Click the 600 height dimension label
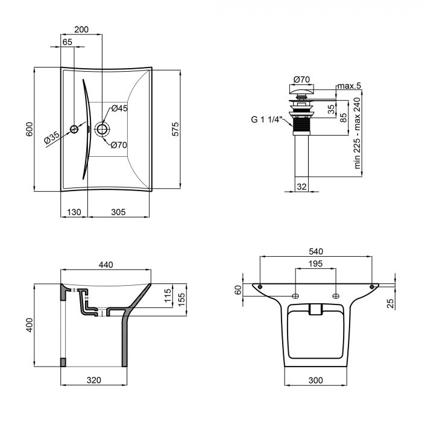30,129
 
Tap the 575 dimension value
175,129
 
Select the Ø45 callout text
119,109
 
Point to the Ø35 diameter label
52,137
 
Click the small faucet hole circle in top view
74,130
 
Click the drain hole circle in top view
102,129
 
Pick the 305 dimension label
118,212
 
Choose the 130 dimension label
74,212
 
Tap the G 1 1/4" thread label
266,119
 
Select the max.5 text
349,86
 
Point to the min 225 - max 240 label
357,133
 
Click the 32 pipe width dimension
301,186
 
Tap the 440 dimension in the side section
105,265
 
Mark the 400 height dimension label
30,325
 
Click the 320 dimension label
93,380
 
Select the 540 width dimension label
316,251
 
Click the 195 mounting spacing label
315,263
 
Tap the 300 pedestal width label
315,380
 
